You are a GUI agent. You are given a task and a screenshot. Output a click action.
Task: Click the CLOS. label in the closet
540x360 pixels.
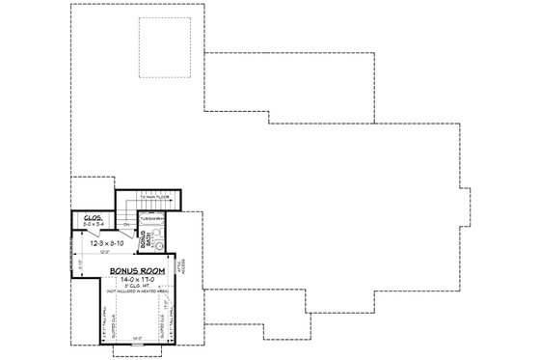pos(94,217)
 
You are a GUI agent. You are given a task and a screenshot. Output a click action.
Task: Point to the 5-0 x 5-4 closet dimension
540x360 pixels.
pos(94,225)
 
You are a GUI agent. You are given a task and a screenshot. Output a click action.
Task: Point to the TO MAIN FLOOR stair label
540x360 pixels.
pos(153,196)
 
